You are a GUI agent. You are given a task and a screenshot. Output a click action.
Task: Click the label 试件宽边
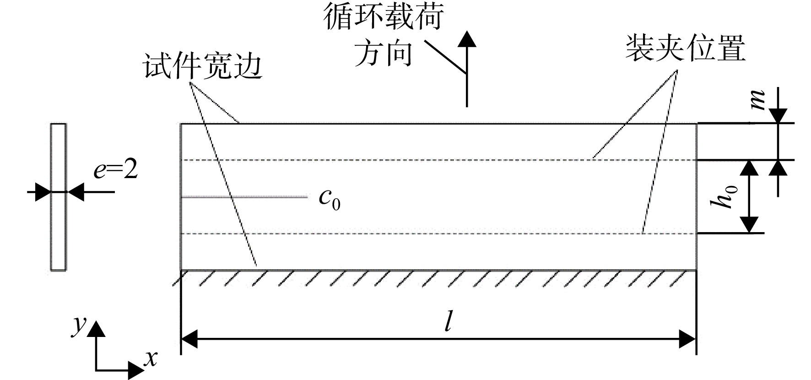click(x=203, y=66)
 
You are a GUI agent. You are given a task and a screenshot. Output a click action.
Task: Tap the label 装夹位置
click(x=686, y=49)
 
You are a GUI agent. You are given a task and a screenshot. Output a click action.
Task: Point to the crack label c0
click(x=330, y=199)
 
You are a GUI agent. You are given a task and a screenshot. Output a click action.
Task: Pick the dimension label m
click(x=758, y=101)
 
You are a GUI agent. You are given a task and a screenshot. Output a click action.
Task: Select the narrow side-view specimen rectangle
click(x=58, y=197)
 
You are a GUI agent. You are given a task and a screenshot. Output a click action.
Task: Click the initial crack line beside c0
click(x=244, y=197)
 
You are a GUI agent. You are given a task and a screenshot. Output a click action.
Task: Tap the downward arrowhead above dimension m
click(x=779, y=115)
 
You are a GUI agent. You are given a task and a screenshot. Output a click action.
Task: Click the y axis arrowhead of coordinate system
click(x=96, y=329)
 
